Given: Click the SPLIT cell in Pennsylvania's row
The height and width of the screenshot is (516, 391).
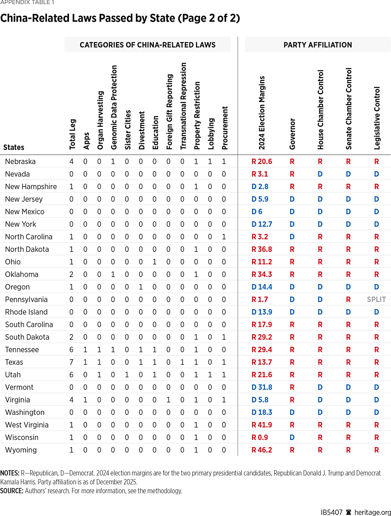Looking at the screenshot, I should point(376,300).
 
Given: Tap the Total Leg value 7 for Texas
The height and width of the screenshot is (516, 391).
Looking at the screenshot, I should point(72,362).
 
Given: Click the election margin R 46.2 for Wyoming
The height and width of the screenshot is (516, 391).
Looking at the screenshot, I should point(261,450).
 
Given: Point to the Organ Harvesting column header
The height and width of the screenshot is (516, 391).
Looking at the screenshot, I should point(100,120).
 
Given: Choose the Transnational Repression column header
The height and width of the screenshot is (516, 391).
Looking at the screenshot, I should point(184,106).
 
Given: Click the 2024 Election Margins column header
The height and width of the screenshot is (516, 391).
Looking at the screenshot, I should point(262,113).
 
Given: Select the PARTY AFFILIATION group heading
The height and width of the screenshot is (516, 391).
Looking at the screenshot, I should point(318,45).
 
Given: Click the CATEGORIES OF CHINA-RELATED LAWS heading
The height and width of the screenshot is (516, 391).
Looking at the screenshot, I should point(147,45).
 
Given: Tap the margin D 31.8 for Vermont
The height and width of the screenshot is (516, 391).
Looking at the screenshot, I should point(262,387).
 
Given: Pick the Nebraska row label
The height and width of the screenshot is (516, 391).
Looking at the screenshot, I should point(20,162).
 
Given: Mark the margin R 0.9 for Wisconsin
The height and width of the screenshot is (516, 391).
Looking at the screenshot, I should point(260,437).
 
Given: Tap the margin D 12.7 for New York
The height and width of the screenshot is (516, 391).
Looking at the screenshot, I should point(262,224).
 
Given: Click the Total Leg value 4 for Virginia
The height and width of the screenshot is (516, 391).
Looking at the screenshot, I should point(72,400).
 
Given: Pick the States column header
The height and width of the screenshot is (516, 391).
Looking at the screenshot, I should point(14,148).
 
